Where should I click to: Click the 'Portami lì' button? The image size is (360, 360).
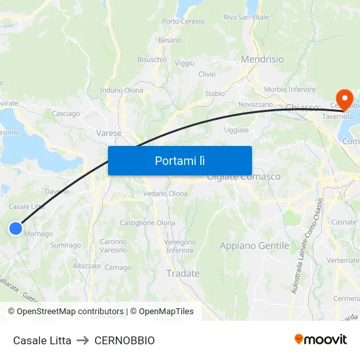coord(179,160)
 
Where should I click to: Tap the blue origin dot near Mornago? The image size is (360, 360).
coord(16,228)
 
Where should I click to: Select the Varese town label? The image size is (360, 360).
coord(109,133)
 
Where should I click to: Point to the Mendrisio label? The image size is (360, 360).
coord(262,59)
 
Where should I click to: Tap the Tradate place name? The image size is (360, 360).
coord(183,273)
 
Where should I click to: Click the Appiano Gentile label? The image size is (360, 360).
coord(254,245)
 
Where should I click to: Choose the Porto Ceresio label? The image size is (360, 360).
coord(183,21)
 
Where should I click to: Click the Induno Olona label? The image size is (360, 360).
coord(121,90)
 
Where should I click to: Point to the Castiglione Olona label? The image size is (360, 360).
coord(147,223)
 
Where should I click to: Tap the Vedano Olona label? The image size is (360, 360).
coord(165,193)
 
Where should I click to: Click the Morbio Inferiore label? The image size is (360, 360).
coord(289,89)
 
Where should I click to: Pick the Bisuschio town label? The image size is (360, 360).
coord(152,59)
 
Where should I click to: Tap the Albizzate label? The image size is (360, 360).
coord(87,266)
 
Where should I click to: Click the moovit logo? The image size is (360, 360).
coord(321,339)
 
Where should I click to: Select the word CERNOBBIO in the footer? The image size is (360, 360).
coord(124,340)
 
